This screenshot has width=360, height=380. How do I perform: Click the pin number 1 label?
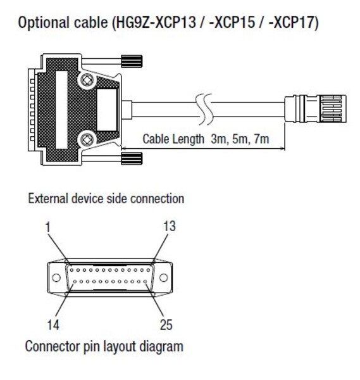click(x=48, y=227)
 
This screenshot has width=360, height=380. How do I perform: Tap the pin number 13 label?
click(x=170, y=226)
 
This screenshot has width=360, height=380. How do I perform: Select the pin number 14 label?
click(x=53, y=324)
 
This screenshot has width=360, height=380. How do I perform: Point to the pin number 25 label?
click(x=166, y=324)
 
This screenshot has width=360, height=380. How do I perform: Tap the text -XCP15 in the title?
click(x=232, y=22)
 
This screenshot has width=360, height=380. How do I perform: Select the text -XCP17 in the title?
click(x=290, y=22)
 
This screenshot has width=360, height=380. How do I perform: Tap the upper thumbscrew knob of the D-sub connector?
click(x=132, y=61)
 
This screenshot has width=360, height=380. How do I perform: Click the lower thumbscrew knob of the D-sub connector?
click(x=132, y=158)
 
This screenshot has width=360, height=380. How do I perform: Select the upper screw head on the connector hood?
click(x=87, y=80)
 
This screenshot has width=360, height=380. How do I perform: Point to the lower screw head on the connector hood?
click(x=87, y=139)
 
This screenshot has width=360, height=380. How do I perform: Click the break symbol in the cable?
click(x=204, y=110)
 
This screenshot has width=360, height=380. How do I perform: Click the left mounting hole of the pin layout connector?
click(x=56, y=278)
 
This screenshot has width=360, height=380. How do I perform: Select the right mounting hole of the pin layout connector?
click(x=163, y=278)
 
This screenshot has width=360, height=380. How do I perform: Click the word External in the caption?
click(x=47, y=198)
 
